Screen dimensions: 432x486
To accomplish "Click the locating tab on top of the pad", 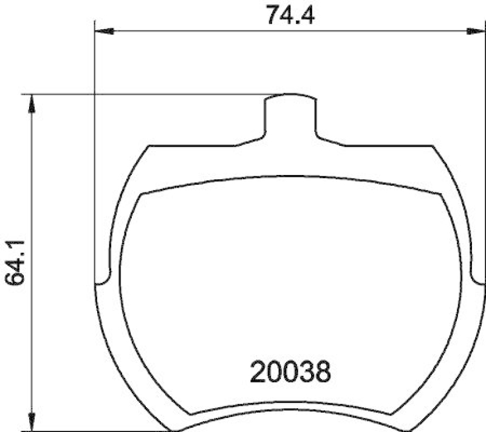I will pos(290,115).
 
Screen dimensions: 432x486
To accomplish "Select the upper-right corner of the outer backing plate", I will pos(433,146).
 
